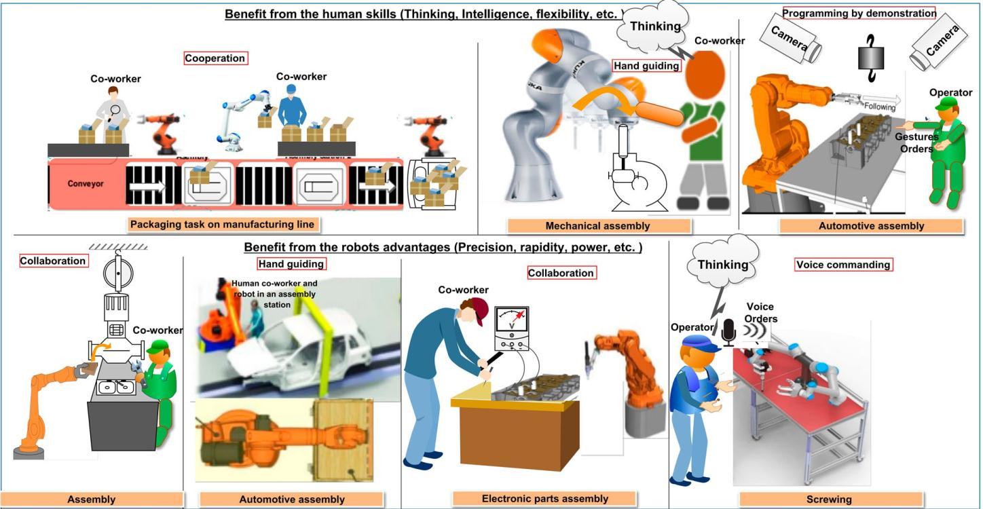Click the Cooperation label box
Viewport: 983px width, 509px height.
click(x=216, y=58)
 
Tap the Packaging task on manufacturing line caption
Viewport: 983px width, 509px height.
click(x=224, y=224)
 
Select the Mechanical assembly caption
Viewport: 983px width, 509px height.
click(x=598, y=226)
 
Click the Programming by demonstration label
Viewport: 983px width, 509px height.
click(x=859, y=13)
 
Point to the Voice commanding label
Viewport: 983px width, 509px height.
click(x=843, y=265)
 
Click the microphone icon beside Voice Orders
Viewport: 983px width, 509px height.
click(x=729, y=332)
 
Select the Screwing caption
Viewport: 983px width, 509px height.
click(x=829, y=499)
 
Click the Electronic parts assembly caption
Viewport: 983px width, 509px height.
click(x=544, y=499)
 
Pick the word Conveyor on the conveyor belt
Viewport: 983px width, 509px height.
click(x=86, y=184)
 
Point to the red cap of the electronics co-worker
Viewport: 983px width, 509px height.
click(x=478, y=309)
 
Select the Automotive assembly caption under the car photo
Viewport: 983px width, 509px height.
click(x=292, y=499)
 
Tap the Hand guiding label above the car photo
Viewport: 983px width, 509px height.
click(x=291, y=263)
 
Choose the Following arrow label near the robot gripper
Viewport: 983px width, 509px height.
click(x=880, y=107)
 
